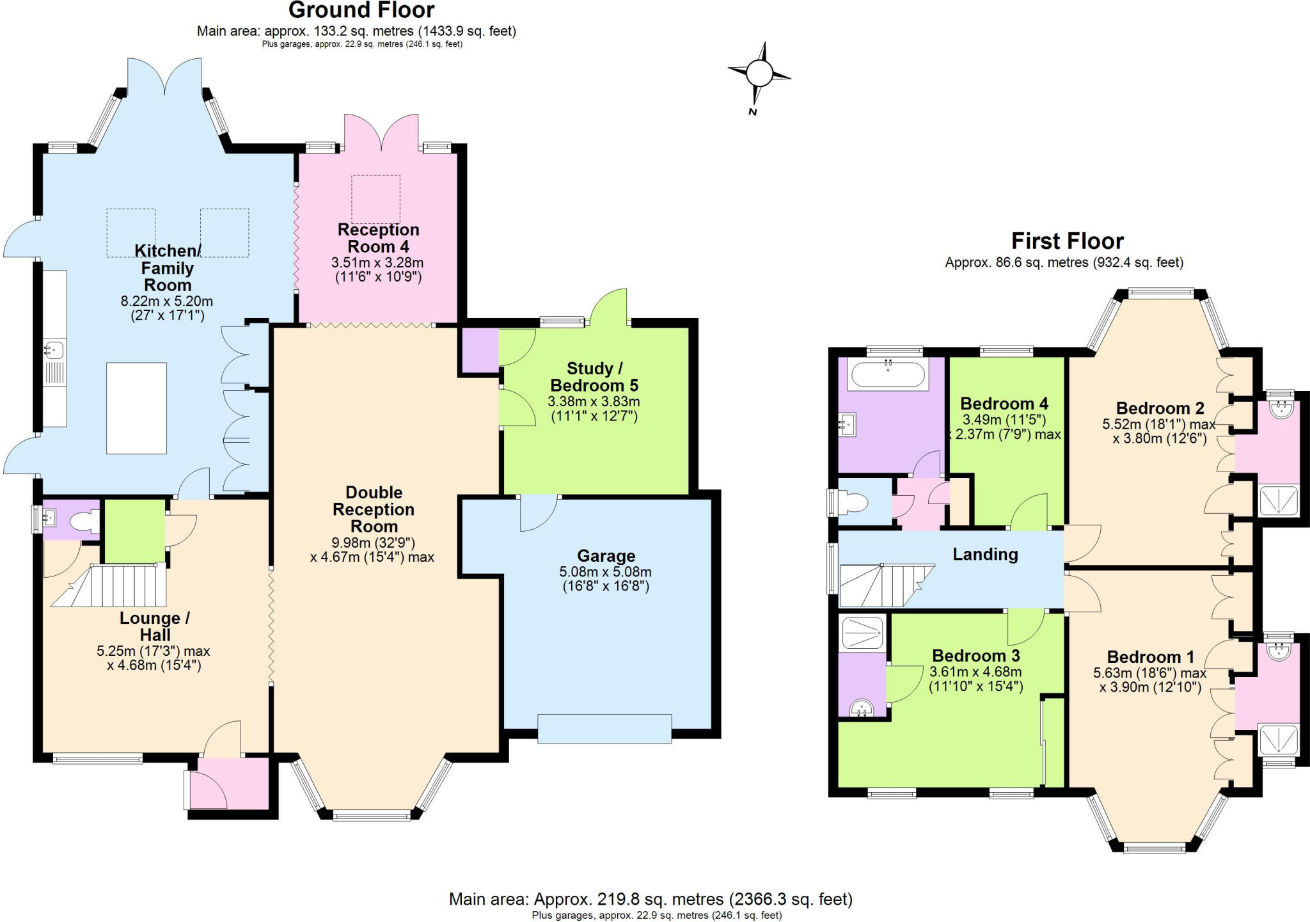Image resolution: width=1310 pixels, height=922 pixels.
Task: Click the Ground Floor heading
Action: point(361,10)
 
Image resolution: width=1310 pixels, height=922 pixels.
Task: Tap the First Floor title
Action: point(1067,241)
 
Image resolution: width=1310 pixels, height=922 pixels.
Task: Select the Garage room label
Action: point(606,556)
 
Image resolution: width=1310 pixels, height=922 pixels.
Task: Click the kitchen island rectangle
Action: point(136,408)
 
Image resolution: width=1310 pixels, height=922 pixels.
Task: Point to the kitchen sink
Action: point(53,349)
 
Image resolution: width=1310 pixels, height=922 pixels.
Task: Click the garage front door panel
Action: point(604,729)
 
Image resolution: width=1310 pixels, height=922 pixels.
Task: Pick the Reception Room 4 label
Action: point(378,238)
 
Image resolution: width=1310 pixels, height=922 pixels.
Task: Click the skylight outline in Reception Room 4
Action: point(375,199)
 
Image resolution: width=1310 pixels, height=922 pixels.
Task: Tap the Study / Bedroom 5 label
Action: point(594,377)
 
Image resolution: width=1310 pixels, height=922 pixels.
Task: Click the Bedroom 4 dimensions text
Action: point(1004,427)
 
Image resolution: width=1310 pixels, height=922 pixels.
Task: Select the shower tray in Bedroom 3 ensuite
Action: point(862,632)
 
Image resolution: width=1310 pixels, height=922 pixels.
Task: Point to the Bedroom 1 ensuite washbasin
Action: point(1277,651)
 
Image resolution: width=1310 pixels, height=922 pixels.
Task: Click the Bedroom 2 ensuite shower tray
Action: point(1278,501)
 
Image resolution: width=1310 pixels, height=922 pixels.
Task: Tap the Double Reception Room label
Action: point(374,509)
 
